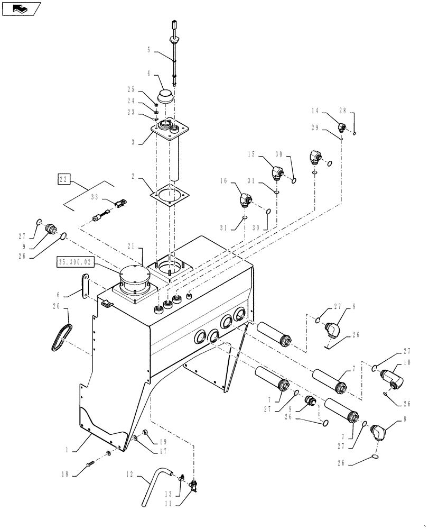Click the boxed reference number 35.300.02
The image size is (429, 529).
(79, 262)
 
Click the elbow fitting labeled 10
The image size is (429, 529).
(394, 377)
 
